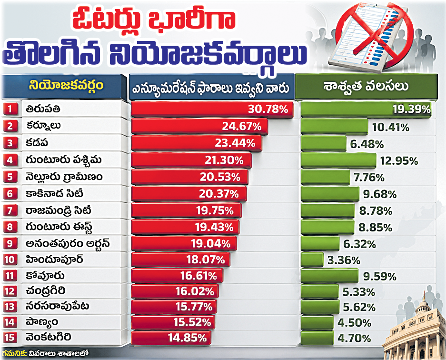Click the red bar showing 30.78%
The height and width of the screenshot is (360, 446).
coord(212,109)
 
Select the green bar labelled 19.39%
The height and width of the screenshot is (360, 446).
coord(366,109)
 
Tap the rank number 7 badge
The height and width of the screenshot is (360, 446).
coord(10,210)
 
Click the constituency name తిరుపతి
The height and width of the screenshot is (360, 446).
coord(43,109)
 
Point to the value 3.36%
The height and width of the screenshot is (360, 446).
coord(344,260)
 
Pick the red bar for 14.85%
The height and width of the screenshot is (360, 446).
coord(171,338)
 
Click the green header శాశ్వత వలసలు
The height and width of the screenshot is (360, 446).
coord(366,86)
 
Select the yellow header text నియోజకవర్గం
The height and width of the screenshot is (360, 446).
coord(66,85)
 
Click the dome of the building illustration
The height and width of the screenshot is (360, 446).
coord(424,308)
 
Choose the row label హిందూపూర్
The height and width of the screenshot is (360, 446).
coord(54,260)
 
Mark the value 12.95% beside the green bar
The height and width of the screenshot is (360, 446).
coord(399,161)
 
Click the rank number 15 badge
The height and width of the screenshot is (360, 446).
coord(10,338)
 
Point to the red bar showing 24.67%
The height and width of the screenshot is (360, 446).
coord(199,126)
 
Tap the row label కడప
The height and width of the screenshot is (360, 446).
coord(37,143)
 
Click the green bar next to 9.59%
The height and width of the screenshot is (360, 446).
coord(330,276)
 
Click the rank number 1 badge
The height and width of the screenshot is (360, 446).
coord(10,109)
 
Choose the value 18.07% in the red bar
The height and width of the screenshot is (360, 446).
coord(206,260)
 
